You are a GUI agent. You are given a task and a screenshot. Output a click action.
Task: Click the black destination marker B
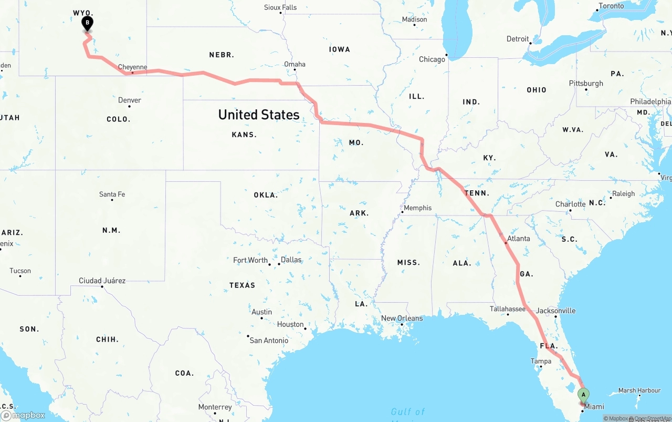coord(88,23)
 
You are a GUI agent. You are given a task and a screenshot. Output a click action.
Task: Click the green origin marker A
coord(583,394)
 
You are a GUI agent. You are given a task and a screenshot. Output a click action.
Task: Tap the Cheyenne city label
coord(132,67)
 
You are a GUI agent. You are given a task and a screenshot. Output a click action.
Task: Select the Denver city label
coord(129,100)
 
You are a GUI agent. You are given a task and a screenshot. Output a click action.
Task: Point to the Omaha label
coord(295,64)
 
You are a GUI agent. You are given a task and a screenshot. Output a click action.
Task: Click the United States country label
coord(259,115)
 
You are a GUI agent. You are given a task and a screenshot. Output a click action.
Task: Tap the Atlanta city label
coord(518,238)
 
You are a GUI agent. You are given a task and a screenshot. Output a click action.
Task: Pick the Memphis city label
coord(417,208)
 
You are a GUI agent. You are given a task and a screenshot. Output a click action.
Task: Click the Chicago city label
coord(432,59)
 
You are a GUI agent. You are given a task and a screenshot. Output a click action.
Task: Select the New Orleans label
coord(402,318)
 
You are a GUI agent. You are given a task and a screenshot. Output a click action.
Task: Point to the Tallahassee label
coord(508,308)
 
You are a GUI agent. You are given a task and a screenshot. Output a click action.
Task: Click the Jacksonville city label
coord(555,311)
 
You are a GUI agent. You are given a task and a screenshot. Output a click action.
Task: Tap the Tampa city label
coord(541,361)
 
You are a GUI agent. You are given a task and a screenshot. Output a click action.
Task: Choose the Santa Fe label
coord(112,194)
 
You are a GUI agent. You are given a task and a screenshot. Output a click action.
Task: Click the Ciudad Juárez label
coord(102,281)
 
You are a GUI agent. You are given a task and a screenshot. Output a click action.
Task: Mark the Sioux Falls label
coord(280,7)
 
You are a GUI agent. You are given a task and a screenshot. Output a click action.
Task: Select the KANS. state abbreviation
coord(244,135)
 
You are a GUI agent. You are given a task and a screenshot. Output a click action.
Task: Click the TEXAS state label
coord(242,285)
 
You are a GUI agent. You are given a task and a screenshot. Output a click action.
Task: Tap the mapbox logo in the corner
coord(23,415)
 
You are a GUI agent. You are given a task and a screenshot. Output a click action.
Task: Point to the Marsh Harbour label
coord(639,390)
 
